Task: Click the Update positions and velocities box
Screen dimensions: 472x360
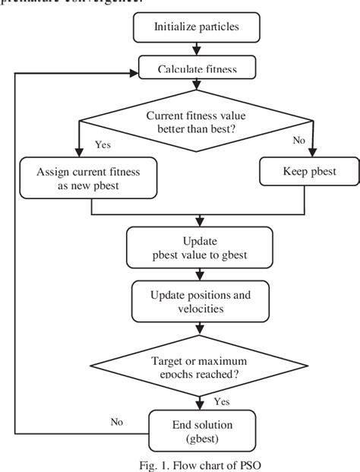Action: click(x=197, y=301)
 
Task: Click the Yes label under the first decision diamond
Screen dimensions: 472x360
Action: click(x=104, y=143)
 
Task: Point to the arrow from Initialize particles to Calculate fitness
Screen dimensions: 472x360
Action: click(x=197, y=50)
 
